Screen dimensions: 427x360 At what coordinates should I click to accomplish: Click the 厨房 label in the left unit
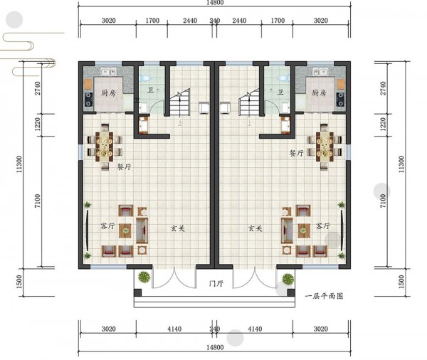tap(108, 93)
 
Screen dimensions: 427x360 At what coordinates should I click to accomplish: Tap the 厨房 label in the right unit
tap(319, 93)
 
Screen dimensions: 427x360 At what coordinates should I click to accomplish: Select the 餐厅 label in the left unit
tap(124, 166)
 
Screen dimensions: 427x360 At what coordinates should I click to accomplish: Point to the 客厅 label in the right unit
tap(323, 226)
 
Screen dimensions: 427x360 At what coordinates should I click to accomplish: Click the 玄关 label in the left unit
tap(177, 228)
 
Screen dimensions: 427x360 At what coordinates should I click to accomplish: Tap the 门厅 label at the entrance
tap(216, 283)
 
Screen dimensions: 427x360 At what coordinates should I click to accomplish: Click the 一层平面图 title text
tap(324, 296)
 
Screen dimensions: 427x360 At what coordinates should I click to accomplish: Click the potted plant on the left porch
tap(144, 277)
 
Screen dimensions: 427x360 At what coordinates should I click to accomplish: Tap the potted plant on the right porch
tap(288, 279)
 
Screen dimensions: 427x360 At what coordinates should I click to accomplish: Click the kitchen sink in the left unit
tap(109, 72)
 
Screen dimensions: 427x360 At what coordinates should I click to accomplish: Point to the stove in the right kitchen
tap(340, 100)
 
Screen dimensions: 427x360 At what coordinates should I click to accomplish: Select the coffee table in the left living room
tap(125, 231)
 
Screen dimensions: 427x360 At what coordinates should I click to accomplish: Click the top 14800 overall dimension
tap(215, 3)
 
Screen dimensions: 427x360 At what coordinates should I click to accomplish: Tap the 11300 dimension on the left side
tap(19, 164)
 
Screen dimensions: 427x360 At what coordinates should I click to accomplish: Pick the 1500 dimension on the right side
tap(401, 282)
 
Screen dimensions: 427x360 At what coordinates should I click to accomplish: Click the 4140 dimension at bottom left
tap(174, 329)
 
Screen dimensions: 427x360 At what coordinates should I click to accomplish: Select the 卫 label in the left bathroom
tap(150, 90)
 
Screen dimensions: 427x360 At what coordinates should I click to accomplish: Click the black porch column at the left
tap(138, 292)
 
